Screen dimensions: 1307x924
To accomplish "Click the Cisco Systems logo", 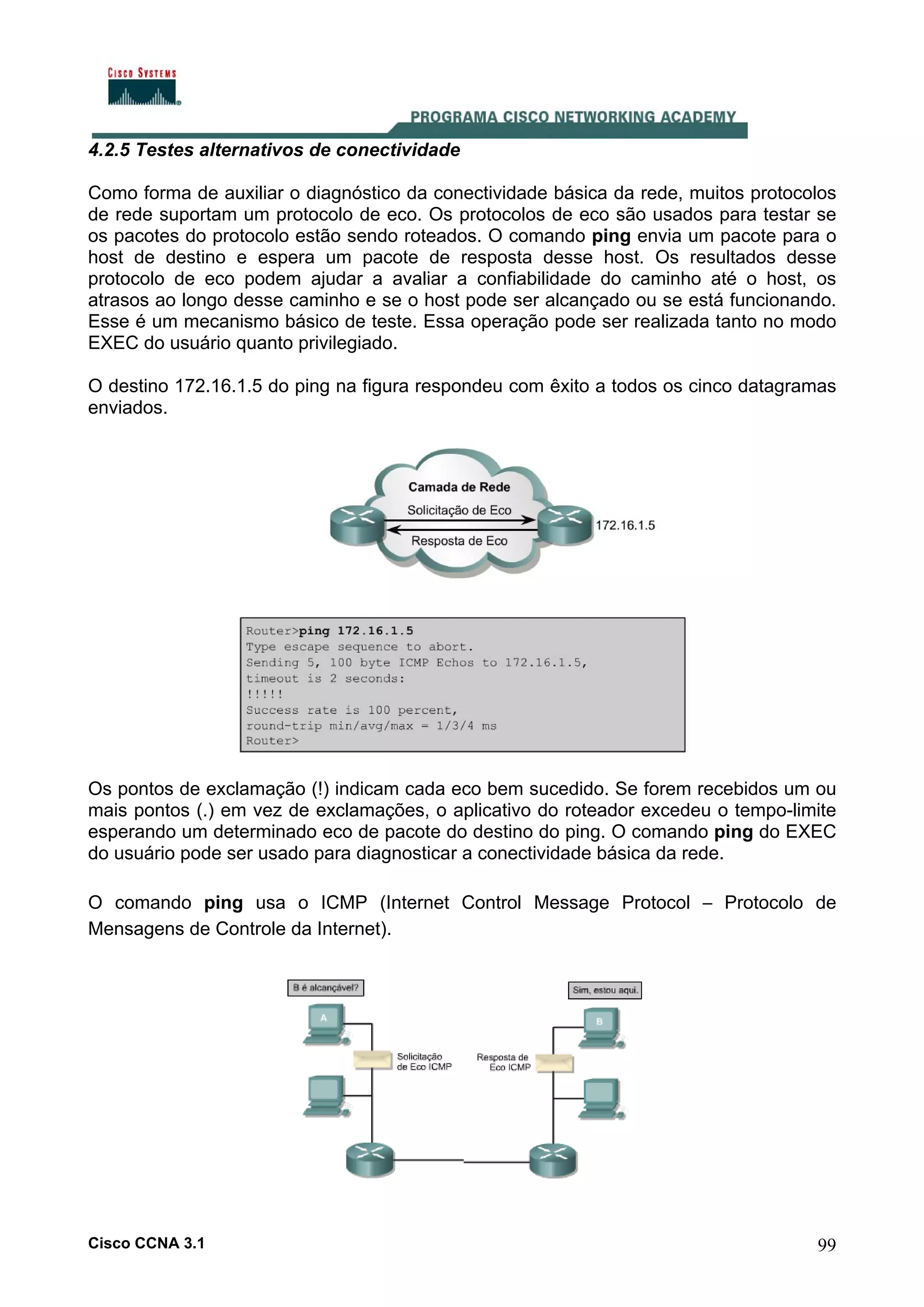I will click(x=142, y=87).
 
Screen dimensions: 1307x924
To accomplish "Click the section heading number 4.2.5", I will click(x=109, y=150).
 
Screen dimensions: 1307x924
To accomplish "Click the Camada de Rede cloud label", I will click(x=459, y=487).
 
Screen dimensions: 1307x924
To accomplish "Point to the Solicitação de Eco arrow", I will click(x=459, y=519).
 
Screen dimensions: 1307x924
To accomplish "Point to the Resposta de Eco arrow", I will click(x=459, y=530).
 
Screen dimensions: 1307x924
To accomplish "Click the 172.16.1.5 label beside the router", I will click(x=625, y=525).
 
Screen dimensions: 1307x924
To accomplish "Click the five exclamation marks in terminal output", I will click(x=264, y=694).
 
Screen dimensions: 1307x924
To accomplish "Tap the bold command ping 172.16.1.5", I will click(x=356, y=631).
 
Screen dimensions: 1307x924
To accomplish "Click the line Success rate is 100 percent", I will click(x=351, y=710).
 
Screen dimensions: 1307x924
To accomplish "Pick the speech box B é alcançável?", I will click(x=326, y=988).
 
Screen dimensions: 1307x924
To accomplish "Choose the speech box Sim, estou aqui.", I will click(x=605, y=990).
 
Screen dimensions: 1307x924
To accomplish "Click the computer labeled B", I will click(x=601, y=1027).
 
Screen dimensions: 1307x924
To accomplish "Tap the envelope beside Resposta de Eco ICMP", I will click(x=554, y=1063).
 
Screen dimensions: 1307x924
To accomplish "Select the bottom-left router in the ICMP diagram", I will click(x=370, y=1160).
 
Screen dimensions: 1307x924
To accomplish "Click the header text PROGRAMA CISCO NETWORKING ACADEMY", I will click(x=573, y=117).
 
